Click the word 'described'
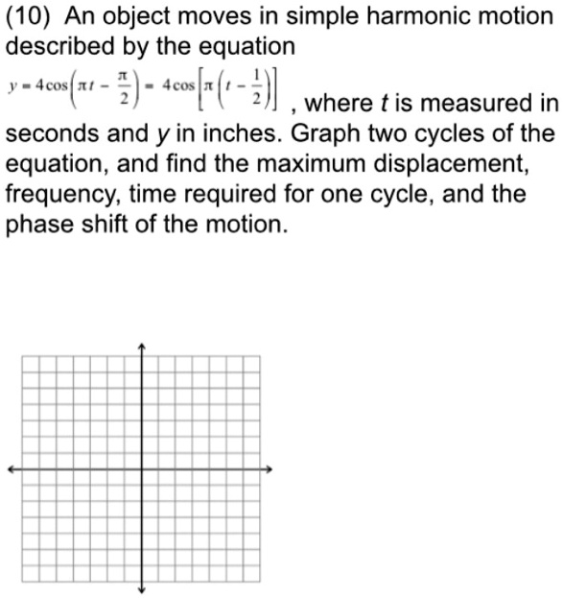coord(59,46)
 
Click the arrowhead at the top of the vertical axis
coord(142,347)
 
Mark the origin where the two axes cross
coord(142,469)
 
